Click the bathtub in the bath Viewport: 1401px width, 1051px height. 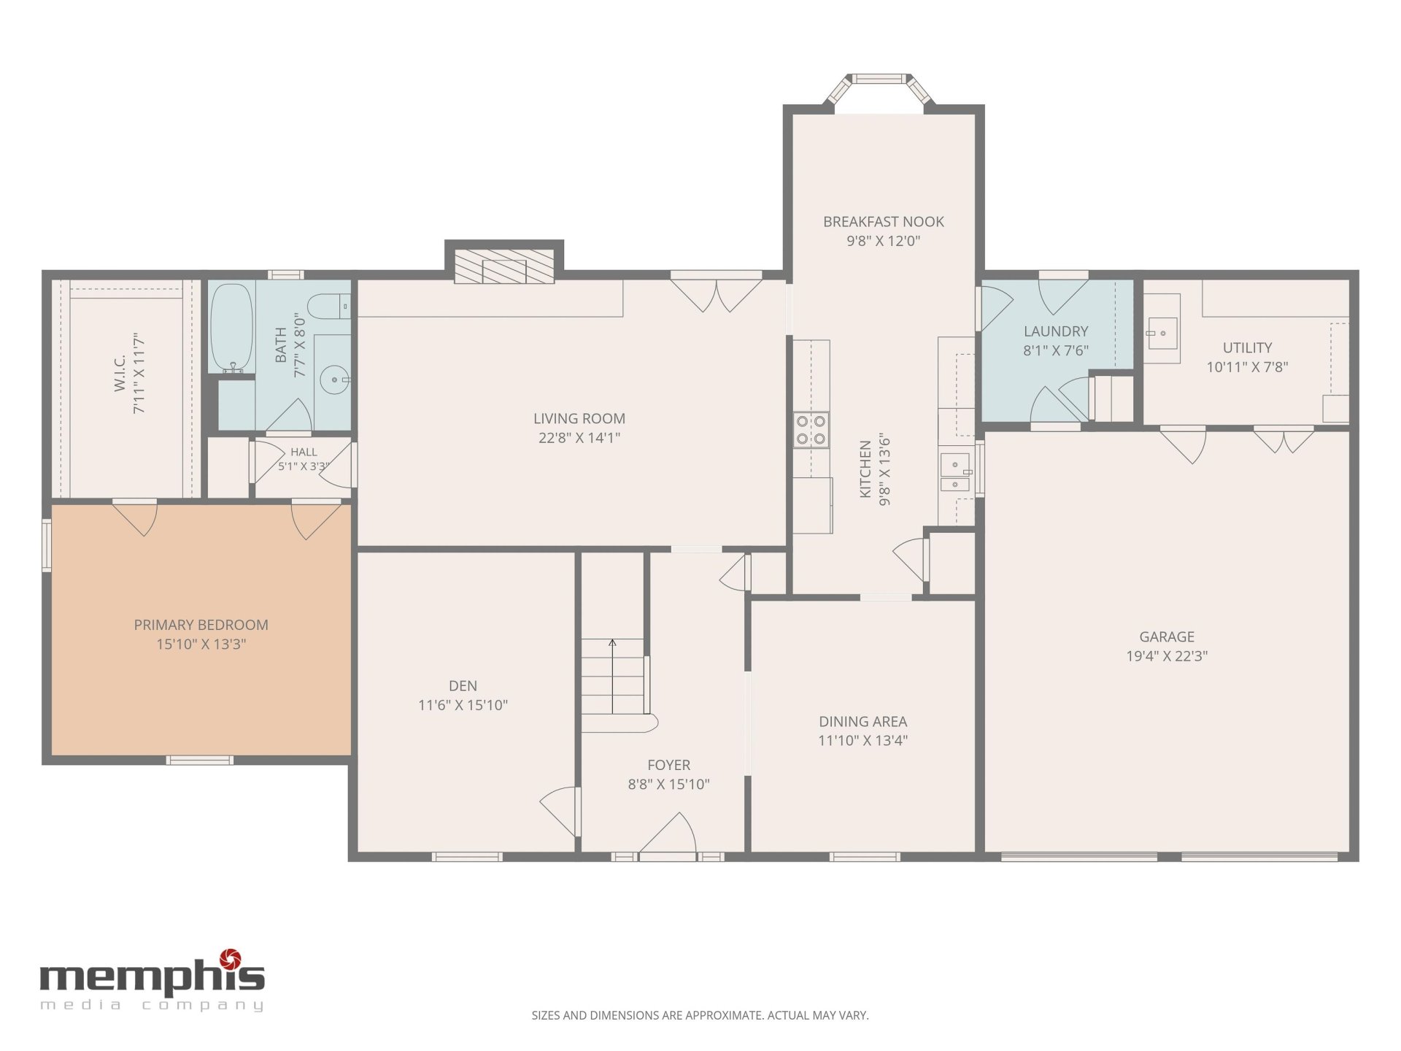point(232,328)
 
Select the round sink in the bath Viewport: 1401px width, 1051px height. point(335,380)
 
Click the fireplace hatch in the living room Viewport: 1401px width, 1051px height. point(504,266)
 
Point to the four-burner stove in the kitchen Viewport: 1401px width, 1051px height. point(811,430)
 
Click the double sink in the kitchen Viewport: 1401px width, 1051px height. point(956,473)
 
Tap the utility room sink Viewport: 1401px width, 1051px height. point(1160,334)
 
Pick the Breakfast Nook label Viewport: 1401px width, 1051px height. point(884,222)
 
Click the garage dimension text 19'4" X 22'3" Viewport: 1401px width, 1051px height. point(1167,656)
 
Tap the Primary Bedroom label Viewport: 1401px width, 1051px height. point(201,625)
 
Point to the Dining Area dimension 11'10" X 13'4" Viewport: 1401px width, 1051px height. point(863,741)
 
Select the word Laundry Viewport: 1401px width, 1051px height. point(1056,331)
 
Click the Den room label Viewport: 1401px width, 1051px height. point(463,686)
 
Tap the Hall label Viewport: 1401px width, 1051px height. point(304,453)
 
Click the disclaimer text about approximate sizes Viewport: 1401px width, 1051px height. point(700,1015)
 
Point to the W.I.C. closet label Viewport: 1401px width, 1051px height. point(120,373)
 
